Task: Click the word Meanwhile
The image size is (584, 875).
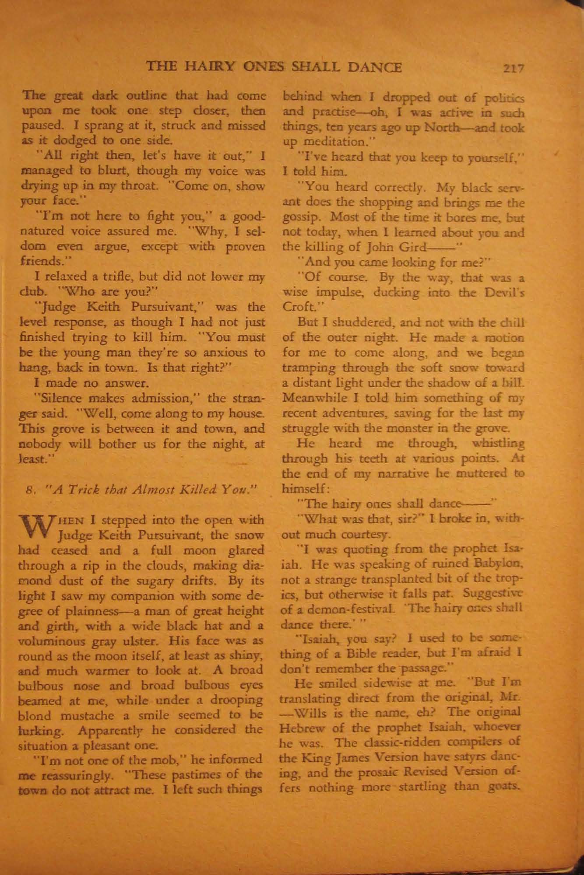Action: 310,398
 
